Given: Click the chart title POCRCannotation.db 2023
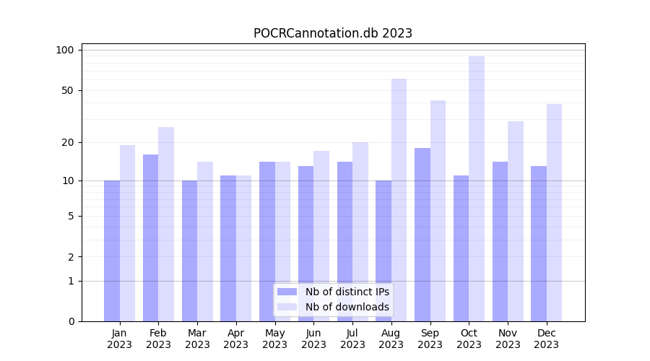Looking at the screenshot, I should click(332, 33).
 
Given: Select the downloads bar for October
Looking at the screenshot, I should click(477, 188).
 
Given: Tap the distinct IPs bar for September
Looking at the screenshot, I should click(422, 235).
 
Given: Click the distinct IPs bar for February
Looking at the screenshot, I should click(150, 238).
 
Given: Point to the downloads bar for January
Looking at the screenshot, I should click(127, 233).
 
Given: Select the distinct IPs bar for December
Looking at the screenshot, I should click(539, 243).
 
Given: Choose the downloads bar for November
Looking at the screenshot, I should click(516, 221).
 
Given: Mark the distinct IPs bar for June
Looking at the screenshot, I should click(305, 243).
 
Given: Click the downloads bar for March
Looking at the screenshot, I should click(205, 241).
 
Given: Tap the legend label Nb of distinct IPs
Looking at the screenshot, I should click(347, 292).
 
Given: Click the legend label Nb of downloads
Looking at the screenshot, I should click(347, 307).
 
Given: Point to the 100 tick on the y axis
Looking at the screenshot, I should click(65, 50).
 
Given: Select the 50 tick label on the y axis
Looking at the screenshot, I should click(68, 90).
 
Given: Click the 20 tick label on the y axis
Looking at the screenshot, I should click(68, 142).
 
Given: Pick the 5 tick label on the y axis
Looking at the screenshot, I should click(71, 216).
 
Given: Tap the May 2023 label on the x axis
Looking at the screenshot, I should click(274, 339).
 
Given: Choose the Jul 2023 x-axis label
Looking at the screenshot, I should click(352, 339).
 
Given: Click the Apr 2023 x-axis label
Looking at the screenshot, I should click(236, 339).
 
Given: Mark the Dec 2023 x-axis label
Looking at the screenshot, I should click(547, 339).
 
